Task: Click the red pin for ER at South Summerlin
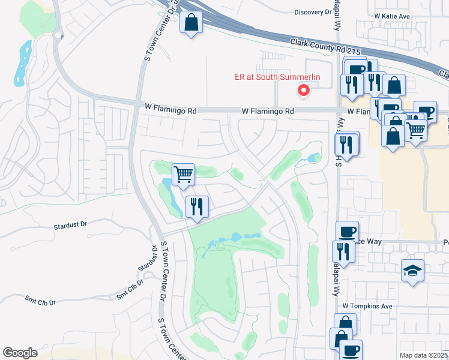point(304,91)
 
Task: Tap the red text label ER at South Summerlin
point(277,77)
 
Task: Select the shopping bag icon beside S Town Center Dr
point(191,23)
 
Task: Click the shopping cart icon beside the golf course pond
point(184,174)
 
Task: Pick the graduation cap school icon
point(412,270)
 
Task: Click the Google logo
point(20,353)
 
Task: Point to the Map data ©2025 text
point(423,355)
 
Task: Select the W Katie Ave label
point(393,16)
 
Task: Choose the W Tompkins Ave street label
point(367,306)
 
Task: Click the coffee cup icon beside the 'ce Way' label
point(348,231)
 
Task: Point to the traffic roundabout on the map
point(59,35)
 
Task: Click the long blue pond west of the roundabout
point(22,61)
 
